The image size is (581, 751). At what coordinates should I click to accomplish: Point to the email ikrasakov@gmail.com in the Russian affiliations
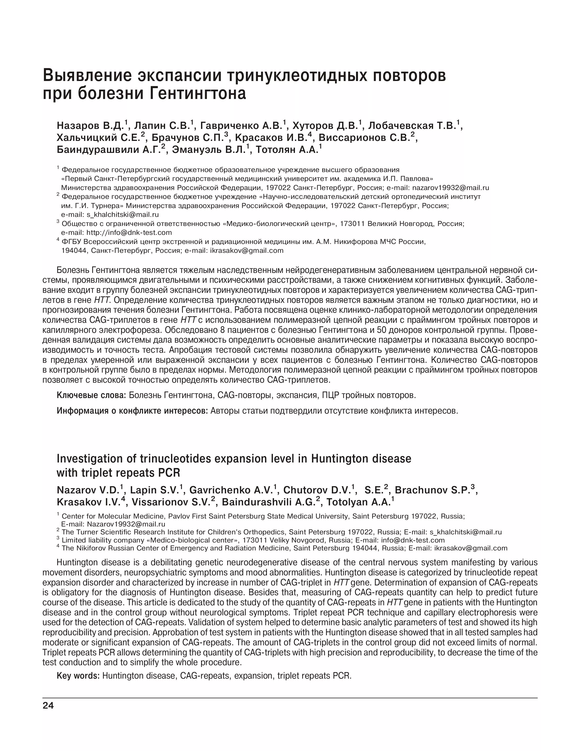(x=247, y=251)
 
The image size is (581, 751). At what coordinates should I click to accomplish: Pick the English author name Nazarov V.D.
(x=88, y=490)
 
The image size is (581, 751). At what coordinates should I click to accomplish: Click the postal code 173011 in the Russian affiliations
(x=352, y=224)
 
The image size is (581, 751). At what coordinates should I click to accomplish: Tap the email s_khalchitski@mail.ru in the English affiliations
(x=466, y=532)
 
